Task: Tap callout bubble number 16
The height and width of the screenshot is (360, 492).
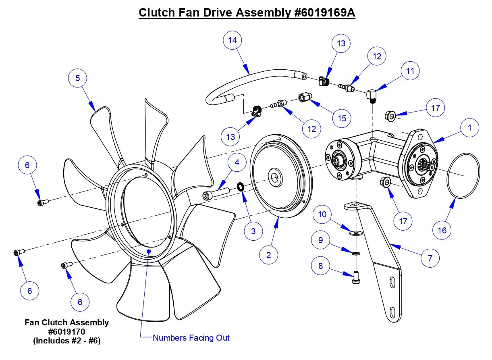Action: coord(442,230)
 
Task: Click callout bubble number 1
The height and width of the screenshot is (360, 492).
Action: coord(469,129)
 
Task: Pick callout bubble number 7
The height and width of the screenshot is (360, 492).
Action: coord(430,258)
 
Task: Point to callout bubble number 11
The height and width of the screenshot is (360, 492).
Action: coord(410,71)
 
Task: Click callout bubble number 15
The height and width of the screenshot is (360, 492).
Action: coord(342,119)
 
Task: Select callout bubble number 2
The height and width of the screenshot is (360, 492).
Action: coord(269,254)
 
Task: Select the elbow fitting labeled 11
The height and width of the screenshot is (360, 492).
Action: coord(372,96)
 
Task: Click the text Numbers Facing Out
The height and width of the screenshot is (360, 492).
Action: coord(191,338)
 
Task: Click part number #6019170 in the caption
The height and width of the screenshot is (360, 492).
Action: coord(67,331)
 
